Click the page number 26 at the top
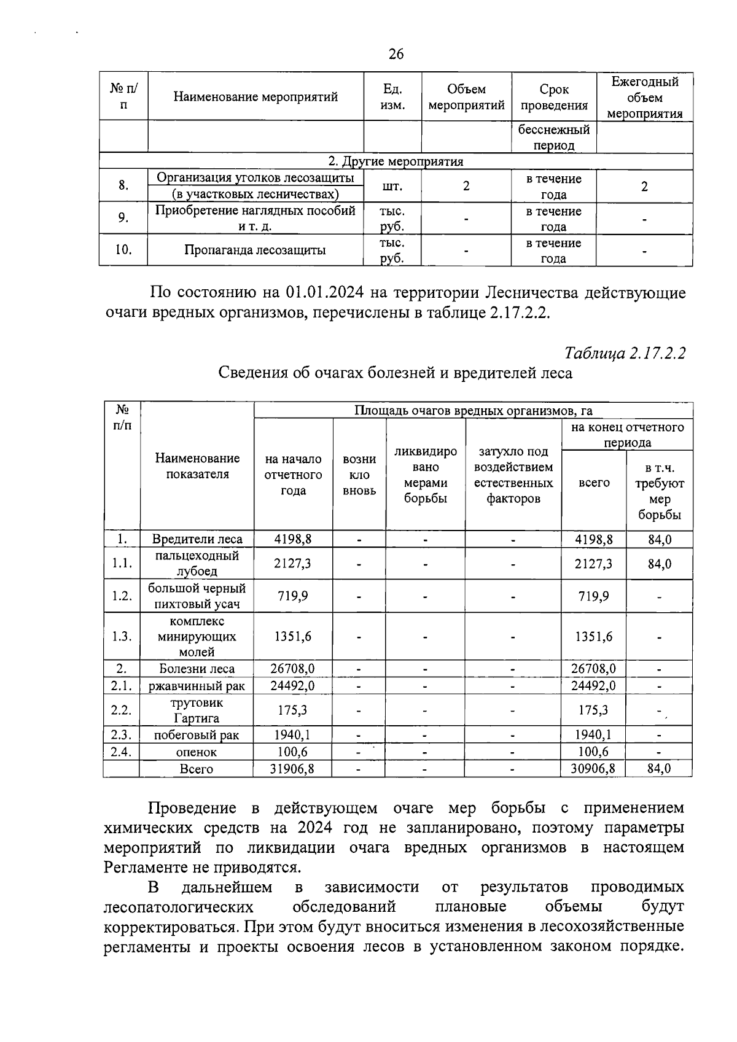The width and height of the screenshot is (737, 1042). coord(396,54)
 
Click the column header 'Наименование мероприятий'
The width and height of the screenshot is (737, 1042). coord(255,97)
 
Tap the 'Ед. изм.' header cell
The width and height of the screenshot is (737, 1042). coord(392,97)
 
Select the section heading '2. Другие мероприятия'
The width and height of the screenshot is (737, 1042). coord(396,161)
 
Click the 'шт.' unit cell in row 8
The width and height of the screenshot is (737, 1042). coord(392,186)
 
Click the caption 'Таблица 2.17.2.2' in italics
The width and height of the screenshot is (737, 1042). coord(625,353)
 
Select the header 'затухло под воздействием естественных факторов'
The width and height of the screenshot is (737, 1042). coord(513,475)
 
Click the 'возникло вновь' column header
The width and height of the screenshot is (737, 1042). coord(359,475)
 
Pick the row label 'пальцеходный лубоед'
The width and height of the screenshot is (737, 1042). coord(197,563)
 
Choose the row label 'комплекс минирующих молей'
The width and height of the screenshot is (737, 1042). coord(197,637)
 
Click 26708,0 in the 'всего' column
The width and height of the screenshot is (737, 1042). coord(593,668)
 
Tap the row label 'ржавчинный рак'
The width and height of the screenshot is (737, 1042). coord(197,686)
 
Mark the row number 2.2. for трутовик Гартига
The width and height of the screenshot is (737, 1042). coord(122,710)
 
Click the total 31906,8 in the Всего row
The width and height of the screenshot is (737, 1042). coord(292,768)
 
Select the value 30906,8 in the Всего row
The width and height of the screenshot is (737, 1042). coord(593,768)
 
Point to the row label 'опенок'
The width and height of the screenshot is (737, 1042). coord(197,752)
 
